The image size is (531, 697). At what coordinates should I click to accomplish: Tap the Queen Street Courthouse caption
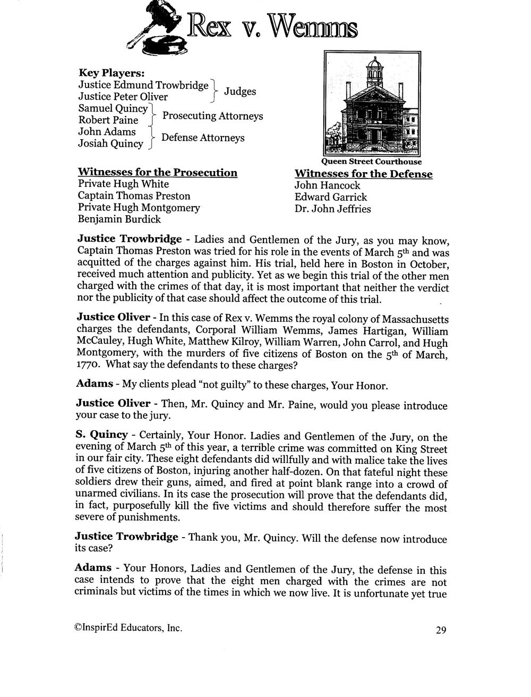(x=372, y=161)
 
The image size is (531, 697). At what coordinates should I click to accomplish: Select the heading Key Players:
(x=112, y=73)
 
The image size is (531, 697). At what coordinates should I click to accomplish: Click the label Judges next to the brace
(x=240, y=91)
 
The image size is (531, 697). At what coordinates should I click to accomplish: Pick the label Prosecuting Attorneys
(x=212, y=116)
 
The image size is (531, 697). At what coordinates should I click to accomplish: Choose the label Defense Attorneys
(x=203, y=138)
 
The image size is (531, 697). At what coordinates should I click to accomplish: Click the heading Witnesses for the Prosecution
(x=158, y=173)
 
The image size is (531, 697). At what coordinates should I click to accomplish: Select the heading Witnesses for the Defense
(x=363, y=174)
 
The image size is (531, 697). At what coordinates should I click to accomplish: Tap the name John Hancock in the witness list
(x=328, y=185)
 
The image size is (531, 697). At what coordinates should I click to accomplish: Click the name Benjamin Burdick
(x=119, y=219)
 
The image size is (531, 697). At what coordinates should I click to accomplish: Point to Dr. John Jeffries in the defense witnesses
(x=333, y=209)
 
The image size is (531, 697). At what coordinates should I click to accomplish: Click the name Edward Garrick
(x=331, y=197)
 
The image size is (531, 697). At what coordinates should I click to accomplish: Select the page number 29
(x=441, y=630)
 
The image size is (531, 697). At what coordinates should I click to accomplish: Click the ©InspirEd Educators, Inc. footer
(x=129, y=627)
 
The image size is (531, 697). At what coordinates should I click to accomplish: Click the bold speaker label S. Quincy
(x=101, y=435)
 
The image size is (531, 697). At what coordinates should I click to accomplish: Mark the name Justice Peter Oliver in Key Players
(x=123, y=97)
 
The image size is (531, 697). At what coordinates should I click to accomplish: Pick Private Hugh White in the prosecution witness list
(x=123, y=184)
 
